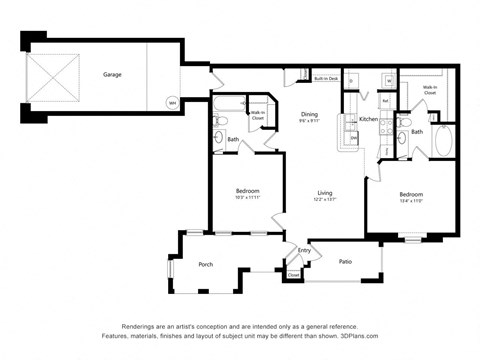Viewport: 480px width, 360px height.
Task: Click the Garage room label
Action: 112,74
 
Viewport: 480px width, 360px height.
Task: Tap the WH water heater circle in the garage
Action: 171,103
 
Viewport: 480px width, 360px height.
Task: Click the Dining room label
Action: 309,115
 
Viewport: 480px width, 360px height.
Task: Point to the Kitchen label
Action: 368,119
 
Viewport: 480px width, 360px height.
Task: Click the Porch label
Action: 205,265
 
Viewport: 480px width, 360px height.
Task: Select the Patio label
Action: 344,261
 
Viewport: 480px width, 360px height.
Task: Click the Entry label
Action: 304,250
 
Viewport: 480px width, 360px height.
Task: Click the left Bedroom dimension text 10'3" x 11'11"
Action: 248,198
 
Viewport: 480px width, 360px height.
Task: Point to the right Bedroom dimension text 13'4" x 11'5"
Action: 411,200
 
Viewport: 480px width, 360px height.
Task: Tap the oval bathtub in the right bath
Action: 443,141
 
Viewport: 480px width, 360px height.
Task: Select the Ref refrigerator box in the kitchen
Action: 385,100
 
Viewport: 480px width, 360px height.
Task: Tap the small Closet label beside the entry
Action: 293,274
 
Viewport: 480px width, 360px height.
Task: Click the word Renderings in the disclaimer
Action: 140,326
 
